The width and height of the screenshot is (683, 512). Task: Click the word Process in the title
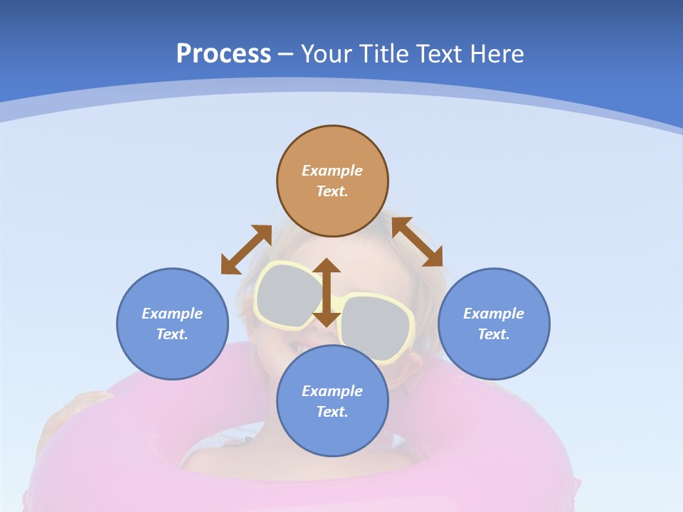[223, 54]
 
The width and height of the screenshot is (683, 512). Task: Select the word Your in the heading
[327, 54]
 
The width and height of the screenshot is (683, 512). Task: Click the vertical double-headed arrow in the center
[327, 292]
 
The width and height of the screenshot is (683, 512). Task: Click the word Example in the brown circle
[332, 171]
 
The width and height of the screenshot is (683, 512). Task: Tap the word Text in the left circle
[172, 334]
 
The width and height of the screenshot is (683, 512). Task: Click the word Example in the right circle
[494, 314]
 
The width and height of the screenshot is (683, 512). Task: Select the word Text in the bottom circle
[332, 412]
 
